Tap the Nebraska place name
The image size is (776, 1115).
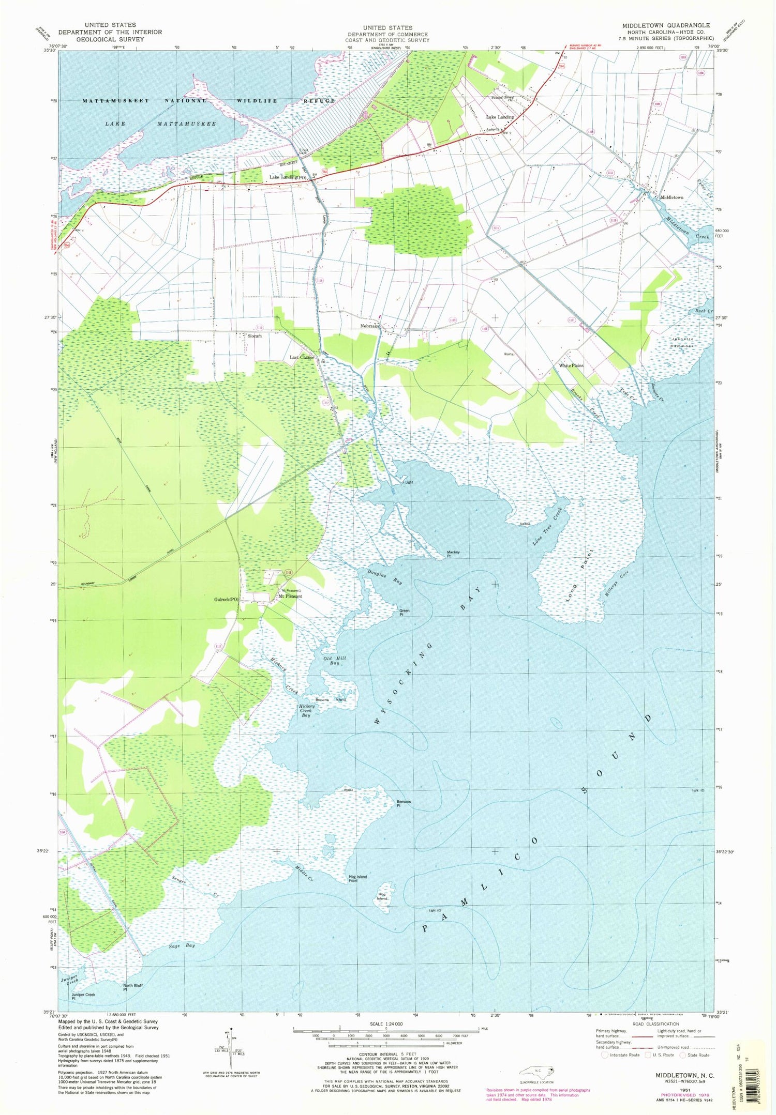point(370,326)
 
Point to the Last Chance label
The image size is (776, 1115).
point(302,357)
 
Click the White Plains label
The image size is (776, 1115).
point(571,365)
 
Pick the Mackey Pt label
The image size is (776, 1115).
point(453,554)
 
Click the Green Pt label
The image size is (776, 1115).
point(404,613)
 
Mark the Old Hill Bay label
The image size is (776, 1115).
point(334,660)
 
